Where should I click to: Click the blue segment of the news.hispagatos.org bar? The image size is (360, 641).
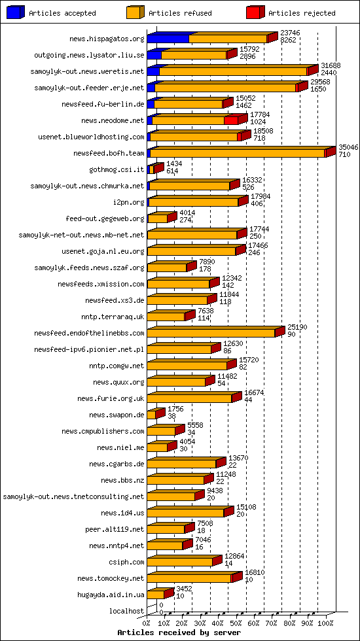168,39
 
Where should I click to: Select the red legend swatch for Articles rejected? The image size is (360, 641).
255,12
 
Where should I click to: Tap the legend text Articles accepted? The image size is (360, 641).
62,13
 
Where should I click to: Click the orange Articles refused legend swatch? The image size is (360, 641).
134,12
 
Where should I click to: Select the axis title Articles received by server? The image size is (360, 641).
179,632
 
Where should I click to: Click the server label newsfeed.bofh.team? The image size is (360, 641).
109,153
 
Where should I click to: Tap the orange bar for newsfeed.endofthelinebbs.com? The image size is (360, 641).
211,334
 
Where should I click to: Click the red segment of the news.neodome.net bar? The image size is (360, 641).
231,120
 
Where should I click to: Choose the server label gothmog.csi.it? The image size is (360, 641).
117,169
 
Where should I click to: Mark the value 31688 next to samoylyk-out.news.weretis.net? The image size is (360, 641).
331,66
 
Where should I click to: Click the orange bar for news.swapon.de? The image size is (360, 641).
151,415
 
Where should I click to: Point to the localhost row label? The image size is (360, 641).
127,611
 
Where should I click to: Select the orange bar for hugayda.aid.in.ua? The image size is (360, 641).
155,595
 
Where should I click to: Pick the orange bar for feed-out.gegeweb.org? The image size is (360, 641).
157,219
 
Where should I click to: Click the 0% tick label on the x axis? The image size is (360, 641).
147,623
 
